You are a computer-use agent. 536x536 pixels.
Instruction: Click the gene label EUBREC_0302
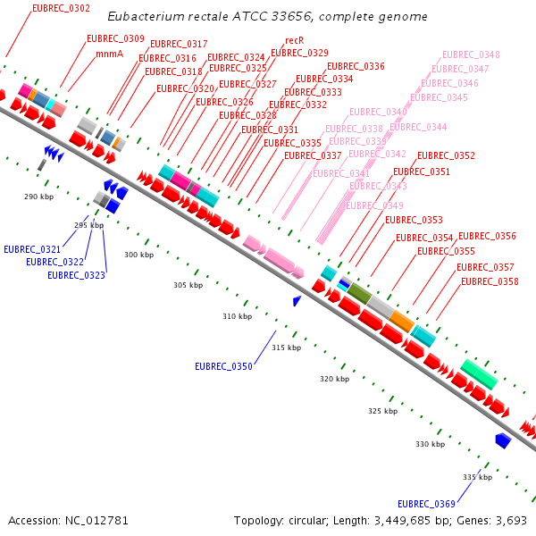point(61,8)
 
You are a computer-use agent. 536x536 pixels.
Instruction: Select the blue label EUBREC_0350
point(223,366)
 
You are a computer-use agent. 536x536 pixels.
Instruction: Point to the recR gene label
point(295,40)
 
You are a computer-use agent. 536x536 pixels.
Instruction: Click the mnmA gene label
point(109,54)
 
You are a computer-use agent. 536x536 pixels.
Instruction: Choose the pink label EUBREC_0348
point(471,54)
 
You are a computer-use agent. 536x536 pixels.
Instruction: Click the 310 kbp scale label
point(237,316)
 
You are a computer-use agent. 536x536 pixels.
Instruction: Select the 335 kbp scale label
point(477,477)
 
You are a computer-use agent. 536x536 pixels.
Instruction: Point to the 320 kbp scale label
point(334,379)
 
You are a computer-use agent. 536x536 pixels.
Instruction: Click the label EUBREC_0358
point(490,281)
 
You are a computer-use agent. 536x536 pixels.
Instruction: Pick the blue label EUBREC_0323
point(76,275)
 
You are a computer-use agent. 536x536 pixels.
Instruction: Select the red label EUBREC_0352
point(446,155)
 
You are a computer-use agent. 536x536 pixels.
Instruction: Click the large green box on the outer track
point(479,373)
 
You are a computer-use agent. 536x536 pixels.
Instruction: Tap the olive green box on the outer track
point(359,292)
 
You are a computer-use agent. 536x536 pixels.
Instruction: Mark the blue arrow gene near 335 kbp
point(503,440)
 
